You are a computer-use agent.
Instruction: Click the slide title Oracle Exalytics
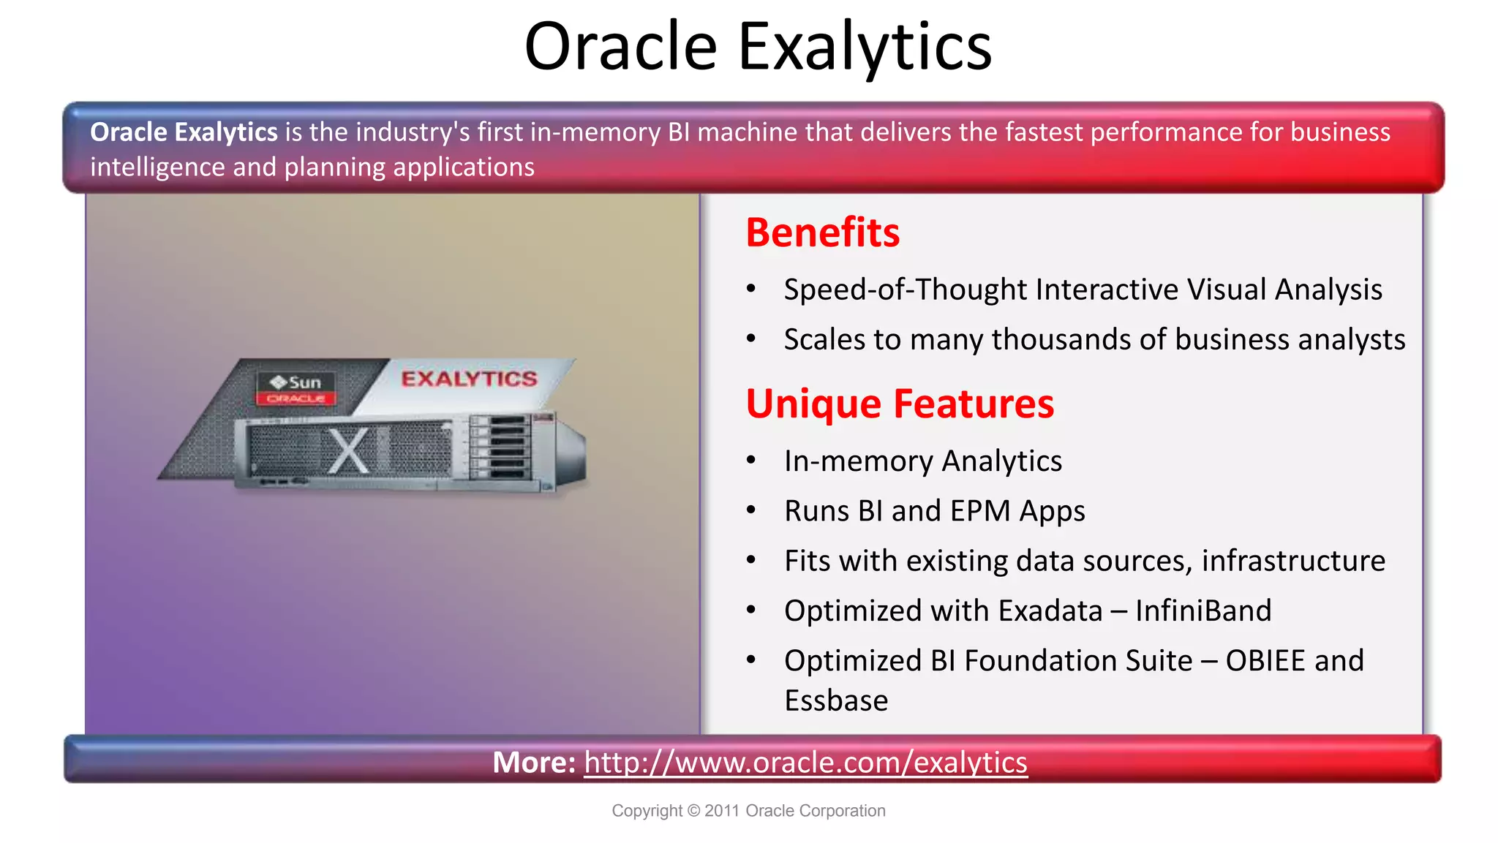[x=758, y=47]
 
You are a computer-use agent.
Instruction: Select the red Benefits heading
[x=822, y=233]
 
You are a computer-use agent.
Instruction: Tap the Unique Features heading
[x=900, y=404]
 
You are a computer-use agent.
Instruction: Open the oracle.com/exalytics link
[x=805, y=762]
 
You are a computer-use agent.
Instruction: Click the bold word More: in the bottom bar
[x=534, y=762]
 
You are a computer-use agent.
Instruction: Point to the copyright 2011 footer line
[x=748, y=810]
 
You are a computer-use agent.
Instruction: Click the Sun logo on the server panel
[x=296, y=382]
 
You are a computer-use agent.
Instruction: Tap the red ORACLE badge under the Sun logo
[x=296, y=398]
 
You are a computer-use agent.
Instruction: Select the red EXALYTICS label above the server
[x=469, y=378]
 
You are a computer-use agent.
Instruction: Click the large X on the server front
[x=348, y=450]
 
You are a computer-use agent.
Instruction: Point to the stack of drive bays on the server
[x=500, y=447]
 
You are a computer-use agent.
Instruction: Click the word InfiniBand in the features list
[x=1203, y=610]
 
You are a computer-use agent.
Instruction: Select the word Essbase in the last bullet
[x=836, y=700]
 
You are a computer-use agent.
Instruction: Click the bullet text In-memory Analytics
[x=922, y=461]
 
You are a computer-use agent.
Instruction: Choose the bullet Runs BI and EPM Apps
[x=934, y=510]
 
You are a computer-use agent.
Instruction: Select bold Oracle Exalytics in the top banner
[x=184, y=132]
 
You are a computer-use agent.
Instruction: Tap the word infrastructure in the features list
[x=1292, y=561]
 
